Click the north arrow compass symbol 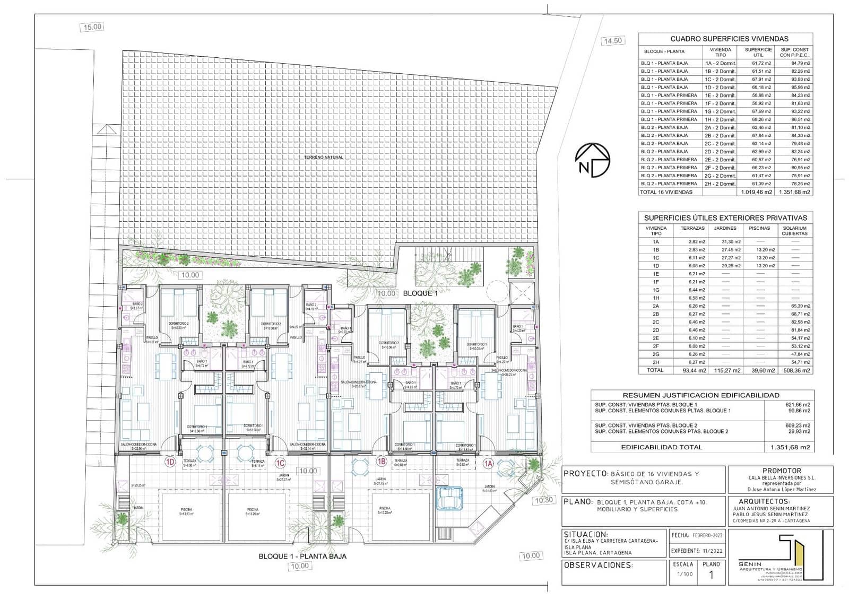click(x=592, y=160)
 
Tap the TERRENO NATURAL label click(x=324, y=158)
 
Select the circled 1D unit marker click(x=170, y=463)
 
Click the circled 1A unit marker click(x=489, y=463)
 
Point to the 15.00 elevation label click(x=92, y=27)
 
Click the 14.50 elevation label click(x=613, y=41)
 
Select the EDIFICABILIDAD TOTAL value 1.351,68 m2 click(x=790, y=447)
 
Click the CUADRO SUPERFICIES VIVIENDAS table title click(x=729, y=39)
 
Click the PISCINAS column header click(x=759, y=228)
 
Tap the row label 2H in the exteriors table click(x=656, y=362)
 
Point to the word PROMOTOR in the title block click(x=782, y=471)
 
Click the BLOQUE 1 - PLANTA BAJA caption click(x=302, y=556)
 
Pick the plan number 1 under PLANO click(x=711, y=575)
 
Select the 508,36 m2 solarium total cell click(x=795, y=370)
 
